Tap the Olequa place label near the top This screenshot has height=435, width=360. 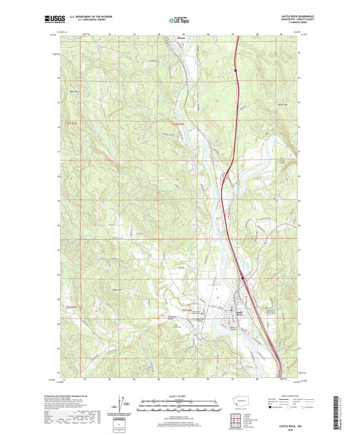coord(180,39)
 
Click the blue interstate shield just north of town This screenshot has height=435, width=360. coord(242,278)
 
